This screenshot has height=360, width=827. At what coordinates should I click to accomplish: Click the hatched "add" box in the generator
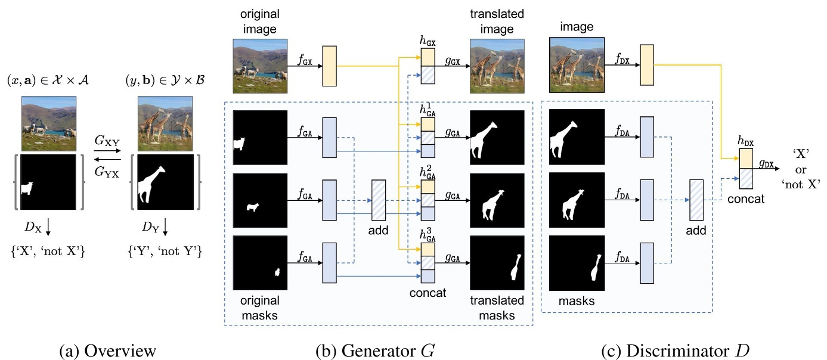click(380, 201)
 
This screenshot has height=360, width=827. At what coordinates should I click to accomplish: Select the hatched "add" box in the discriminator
click(696, 201)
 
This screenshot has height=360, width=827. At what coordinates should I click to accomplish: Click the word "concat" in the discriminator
click(745, 199)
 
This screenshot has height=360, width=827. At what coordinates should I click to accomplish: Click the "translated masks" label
click(496, 308)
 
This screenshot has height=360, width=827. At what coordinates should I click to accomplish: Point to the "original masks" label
click(260, 308)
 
